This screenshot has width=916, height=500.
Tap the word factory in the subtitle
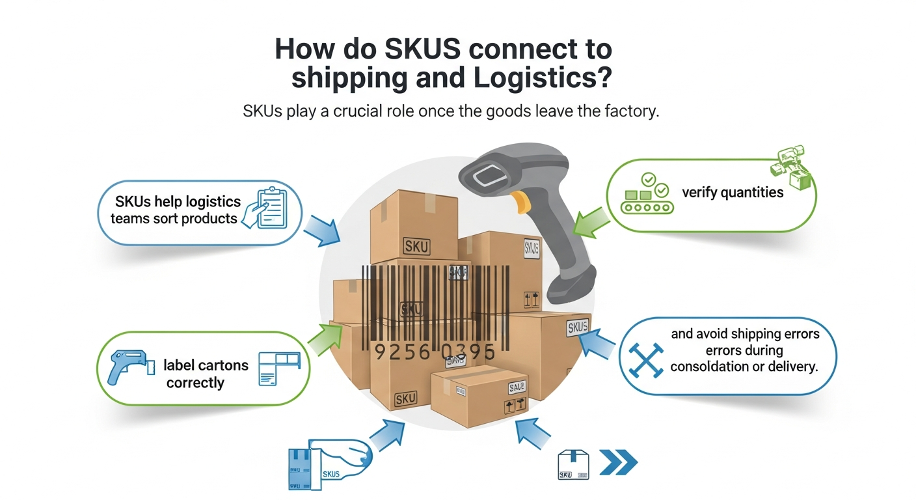click(628, 111)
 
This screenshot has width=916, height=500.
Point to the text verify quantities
click(733, 193)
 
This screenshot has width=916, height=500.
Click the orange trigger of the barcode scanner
click(519, 202)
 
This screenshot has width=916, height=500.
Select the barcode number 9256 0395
click(435, 352)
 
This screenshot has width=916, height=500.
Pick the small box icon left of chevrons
click(573, 465)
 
